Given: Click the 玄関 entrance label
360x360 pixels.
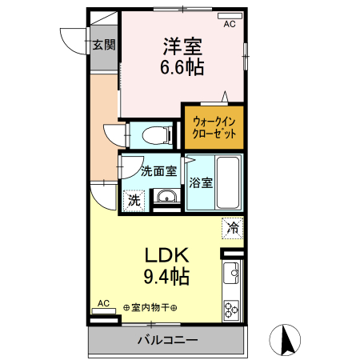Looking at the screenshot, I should (102, 45).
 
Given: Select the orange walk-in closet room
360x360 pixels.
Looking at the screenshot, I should (214, 127).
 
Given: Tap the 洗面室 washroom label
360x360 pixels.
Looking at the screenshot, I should (158, 170).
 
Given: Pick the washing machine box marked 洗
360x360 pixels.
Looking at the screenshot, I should (134, 199).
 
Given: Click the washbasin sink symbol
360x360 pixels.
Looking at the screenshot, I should (166, 198).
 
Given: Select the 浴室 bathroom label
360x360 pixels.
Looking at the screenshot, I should (201, 182).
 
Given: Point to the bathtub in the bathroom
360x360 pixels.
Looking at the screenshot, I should (230, 182).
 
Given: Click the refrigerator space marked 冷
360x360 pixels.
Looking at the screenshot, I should (231, 226).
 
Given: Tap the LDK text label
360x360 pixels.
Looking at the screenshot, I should (166, 256).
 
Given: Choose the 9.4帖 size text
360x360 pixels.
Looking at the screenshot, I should (166, 278).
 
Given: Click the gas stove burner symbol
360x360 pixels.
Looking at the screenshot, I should (232, 308).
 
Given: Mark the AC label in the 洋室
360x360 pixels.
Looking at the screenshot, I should (230, 25).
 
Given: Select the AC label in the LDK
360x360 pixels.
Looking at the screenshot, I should (103, 303).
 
